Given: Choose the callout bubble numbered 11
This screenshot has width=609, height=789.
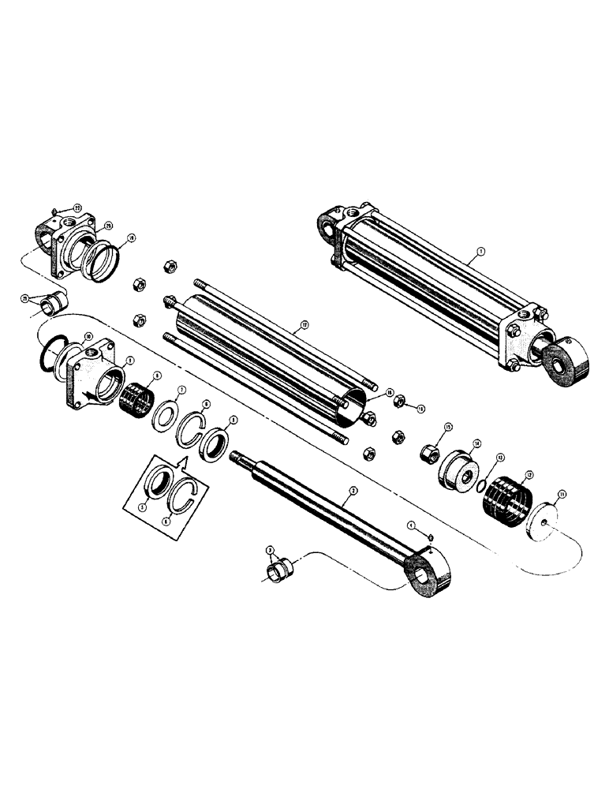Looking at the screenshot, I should (562, 495).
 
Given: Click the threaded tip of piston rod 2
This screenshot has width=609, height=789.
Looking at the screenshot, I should (236, 455).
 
